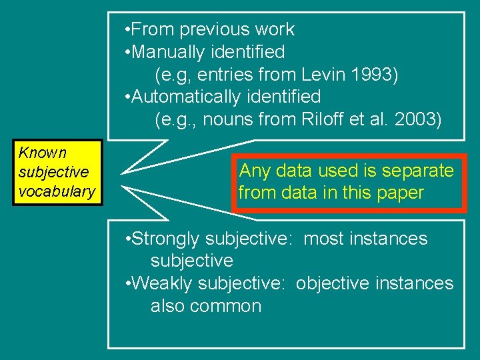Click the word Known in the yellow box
click(43, 153)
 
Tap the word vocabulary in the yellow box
click(57, 191)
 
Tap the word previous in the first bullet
click(209, 29)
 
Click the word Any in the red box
click(254, 171)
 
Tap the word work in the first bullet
click(276, 29)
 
